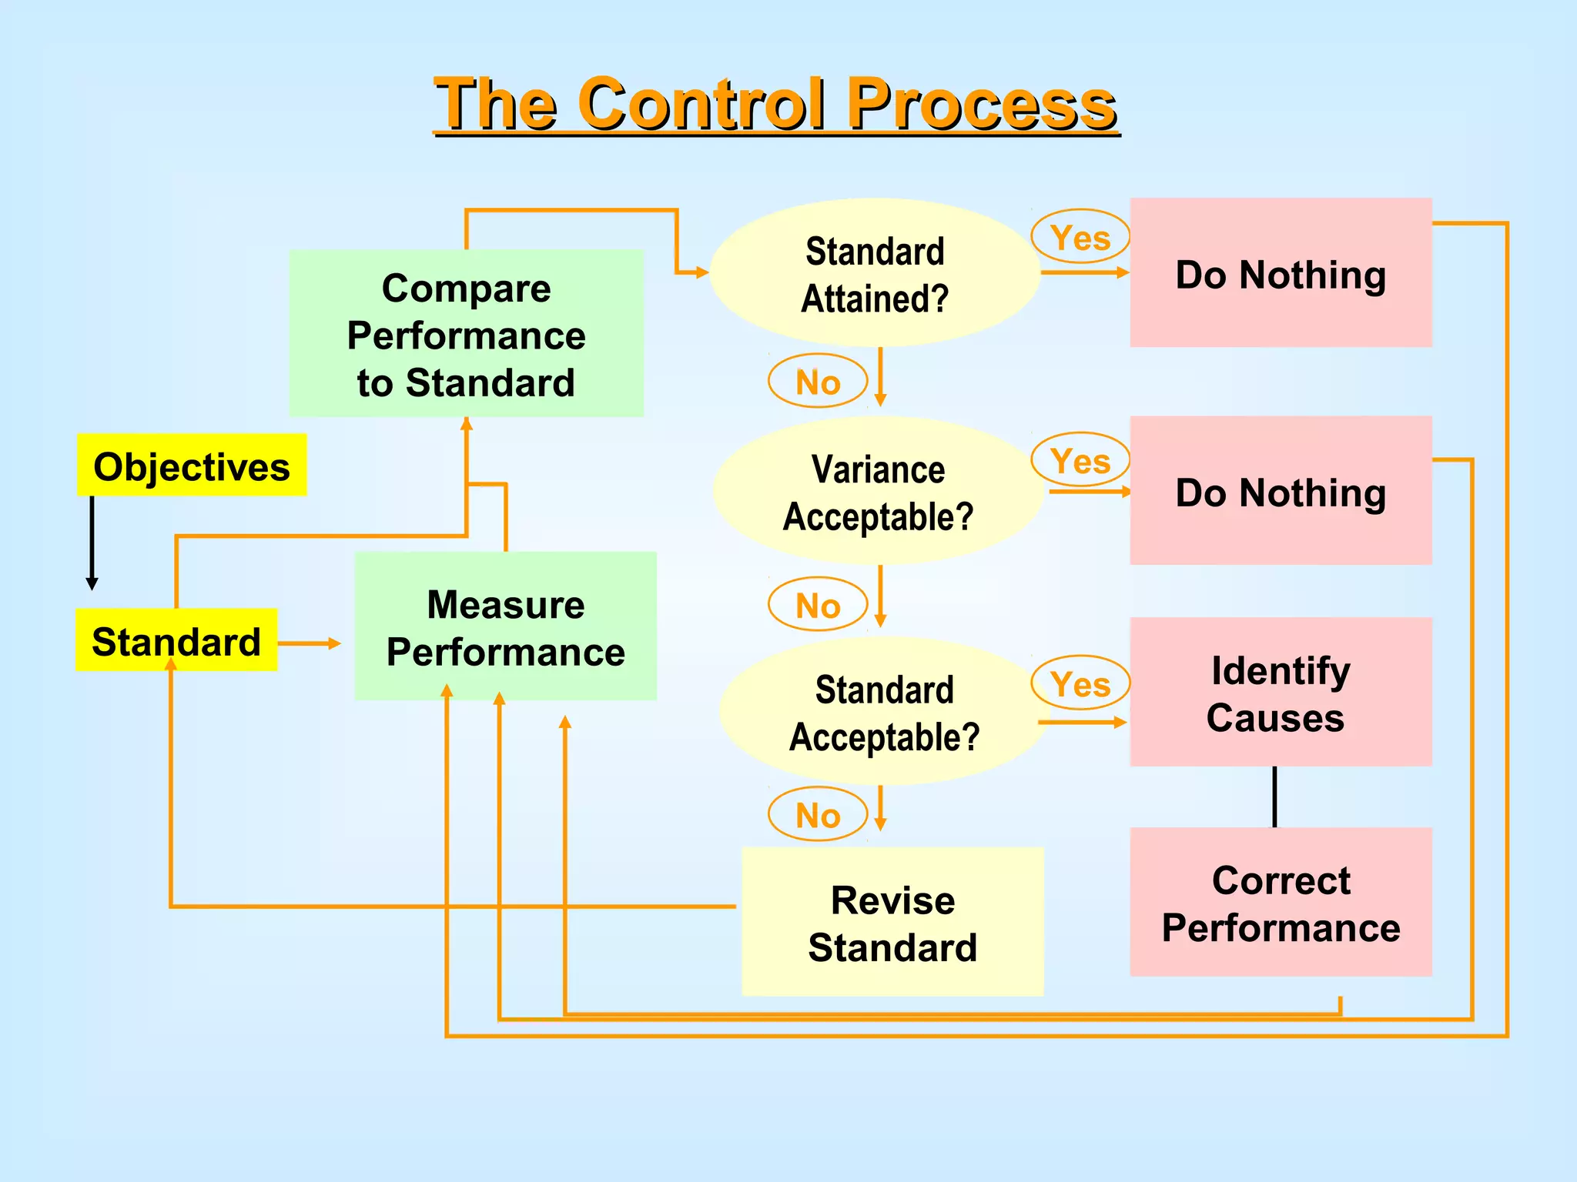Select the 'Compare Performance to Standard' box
[466, 334]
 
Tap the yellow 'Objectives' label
[192, 466]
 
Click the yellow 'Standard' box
[176, 641]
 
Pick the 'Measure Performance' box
[505, 627]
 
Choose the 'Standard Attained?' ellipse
[875, 273]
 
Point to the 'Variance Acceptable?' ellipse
[878, 492]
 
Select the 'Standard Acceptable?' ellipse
[883, 712]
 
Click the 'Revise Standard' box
[892, 922]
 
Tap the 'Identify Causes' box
[1280, 692]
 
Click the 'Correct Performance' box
[1280, 902]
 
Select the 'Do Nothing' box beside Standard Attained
[1280, 273]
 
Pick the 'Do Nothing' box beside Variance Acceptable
[1280, 491]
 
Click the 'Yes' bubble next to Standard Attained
[1080, 237]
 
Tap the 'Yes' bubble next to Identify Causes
[1080, 683]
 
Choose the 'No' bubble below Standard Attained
[818, 382]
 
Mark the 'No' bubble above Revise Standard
[818, 814]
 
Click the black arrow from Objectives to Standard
[92, 542]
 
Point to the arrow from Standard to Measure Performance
[309, 643]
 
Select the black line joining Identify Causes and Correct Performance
[1274, 796]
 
